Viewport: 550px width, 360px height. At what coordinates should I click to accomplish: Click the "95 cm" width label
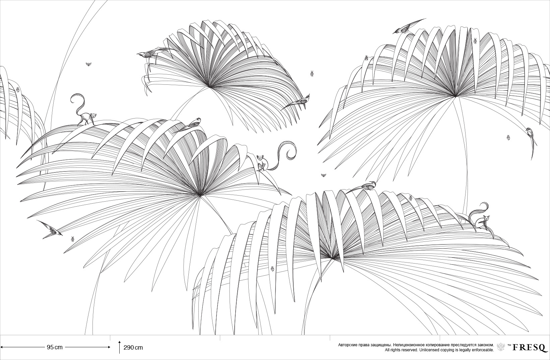pyautogui.click(x=55, y=347)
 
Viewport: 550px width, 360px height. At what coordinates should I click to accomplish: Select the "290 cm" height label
pyautogui.click(x=133, y=348)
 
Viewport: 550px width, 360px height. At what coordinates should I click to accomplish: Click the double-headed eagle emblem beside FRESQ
pyautogui.click(x=501, y=347)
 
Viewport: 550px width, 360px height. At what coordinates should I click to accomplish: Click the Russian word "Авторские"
pyautogui.click(x=347, y=345)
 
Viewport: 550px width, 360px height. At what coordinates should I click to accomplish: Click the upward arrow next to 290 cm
pyautogui.click(x=120, y=347)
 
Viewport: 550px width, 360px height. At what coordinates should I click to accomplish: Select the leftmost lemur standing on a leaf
pyautogui.click(x=82, y=111)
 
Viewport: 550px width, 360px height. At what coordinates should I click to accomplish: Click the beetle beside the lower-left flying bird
pyautogui.click(x=73, y=239)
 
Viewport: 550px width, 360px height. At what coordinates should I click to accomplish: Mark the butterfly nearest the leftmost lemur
pyautogui.click(x=88, y=64)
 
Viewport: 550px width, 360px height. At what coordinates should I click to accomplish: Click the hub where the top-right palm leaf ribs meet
pyautogui.click(x=456, y=96)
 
